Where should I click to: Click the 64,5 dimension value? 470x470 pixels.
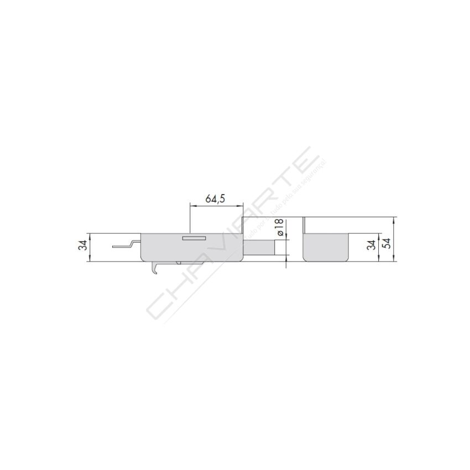pos(216,199)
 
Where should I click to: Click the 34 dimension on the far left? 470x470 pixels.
pos(82,246)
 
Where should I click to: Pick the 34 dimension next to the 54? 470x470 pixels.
pos(372,244)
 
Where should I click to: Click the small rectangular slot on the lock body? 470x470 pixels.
pos(194,238)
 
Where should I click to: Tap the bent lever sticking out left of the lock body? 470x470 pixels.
pos(124,245)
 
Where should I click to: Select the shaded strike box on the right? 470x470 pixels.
pos(326,247)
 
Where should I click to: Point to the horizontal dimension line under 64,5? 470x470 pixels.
pos(216,206)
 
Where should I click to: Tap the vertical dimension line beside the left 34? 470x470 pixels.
pos(89,248)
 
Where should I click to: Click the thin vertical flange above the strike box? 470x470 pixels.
pos(304,225)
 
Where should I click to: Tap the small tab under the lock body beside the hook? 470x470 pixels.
pos(179,262)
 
